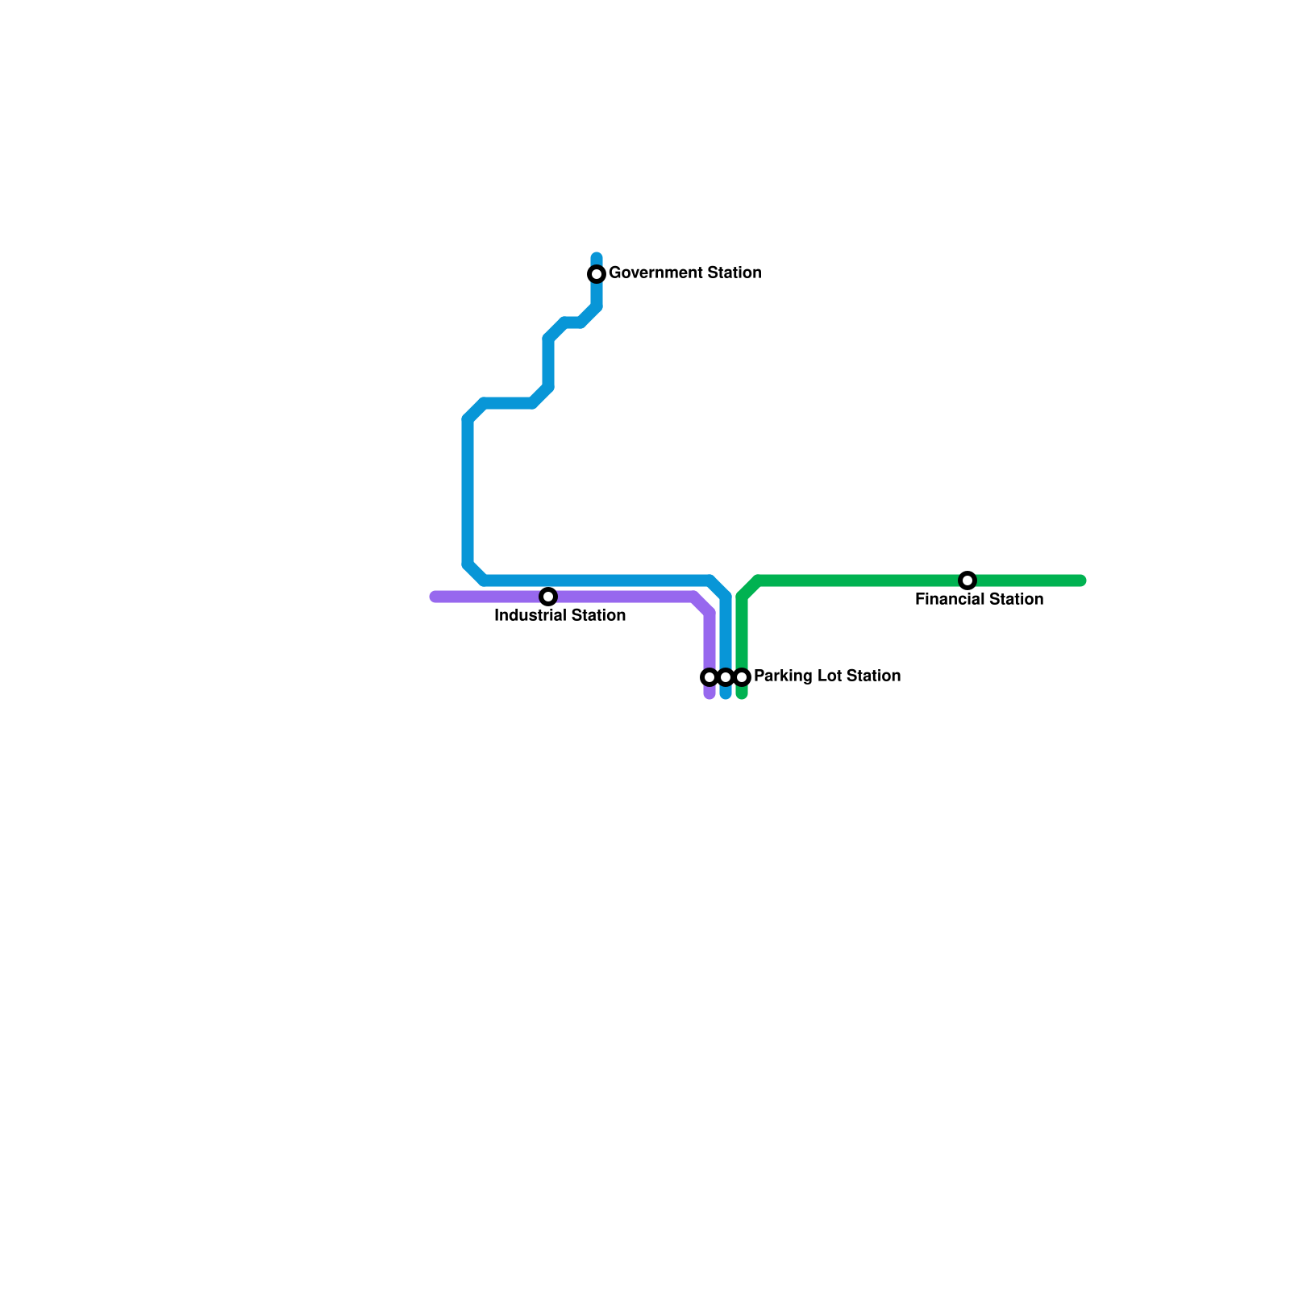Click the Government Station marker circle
(597, 274)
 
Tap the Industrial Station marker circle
(548, 597)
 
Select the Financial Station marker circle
(967, 580)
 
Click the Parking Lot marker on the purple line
(709, 677)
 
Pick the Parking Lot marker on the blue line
(726, 677)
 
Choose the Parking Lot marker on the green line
(743, 677)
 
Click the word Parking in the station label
(782, 676)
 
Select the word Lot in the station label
(828, 676)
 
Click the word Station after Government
(734, 273)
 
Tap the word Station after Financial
(1017, 600)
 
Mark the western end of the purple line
(435, 597)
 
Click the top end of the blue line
(597, 257)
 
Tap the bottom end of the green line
(742, 694)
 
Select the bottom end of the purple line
(709, 694)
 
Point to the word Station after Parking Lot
(873, 676)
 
